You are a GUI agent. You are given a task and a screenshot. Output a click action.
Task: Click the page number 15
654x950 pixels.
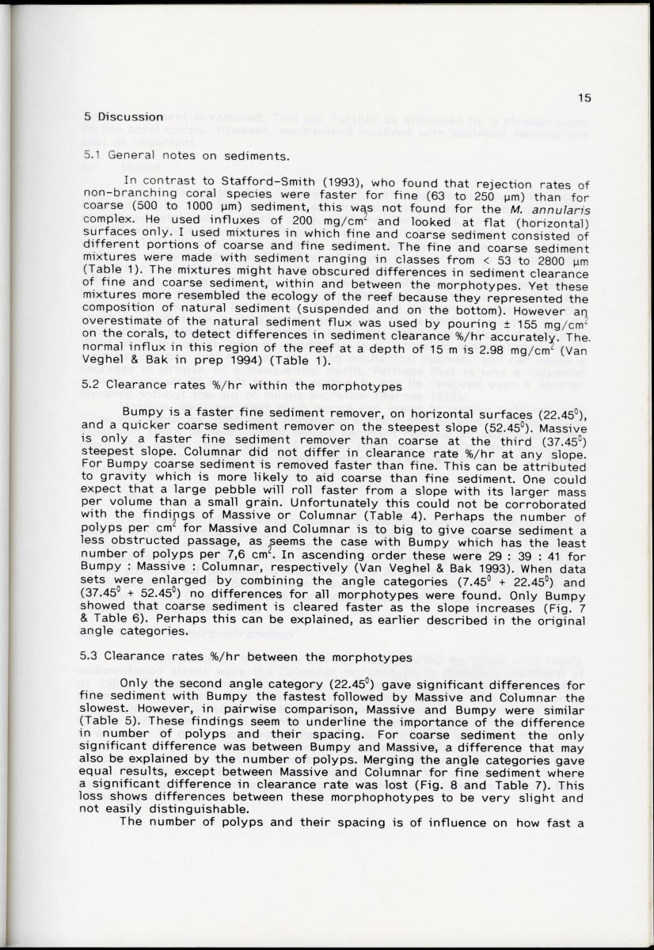(584, 99)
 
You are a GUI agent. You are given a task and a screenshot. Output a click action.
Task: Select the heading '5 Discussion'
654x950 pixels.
(124, 116)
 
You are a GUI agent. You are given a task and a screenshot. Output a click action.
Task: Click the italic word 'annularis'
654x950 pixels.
(558, 208)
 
